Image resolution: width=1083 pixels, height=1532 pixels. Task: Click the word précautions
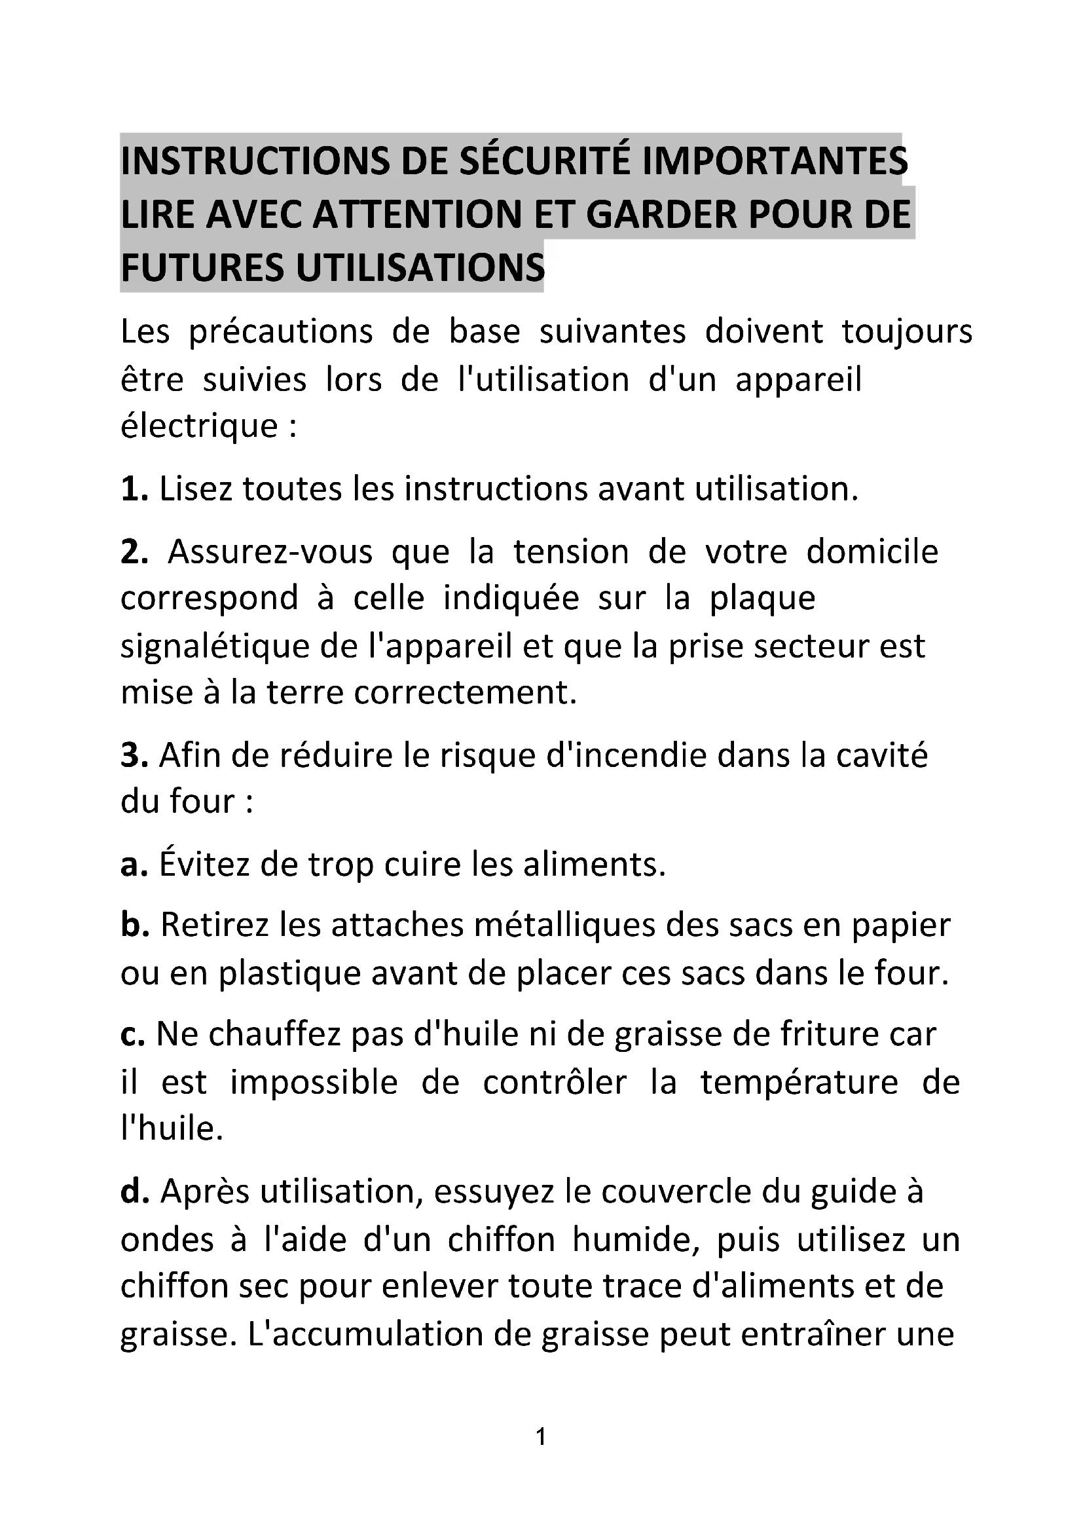pyautogui.click(x=281, y=332)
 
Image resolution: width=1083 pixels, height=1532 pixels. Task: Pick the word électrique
pyautogui.click(x=199, y=426)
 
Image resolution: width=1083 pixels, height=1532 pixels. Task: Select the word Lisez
pyautogui.click(x=196, y=489)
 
